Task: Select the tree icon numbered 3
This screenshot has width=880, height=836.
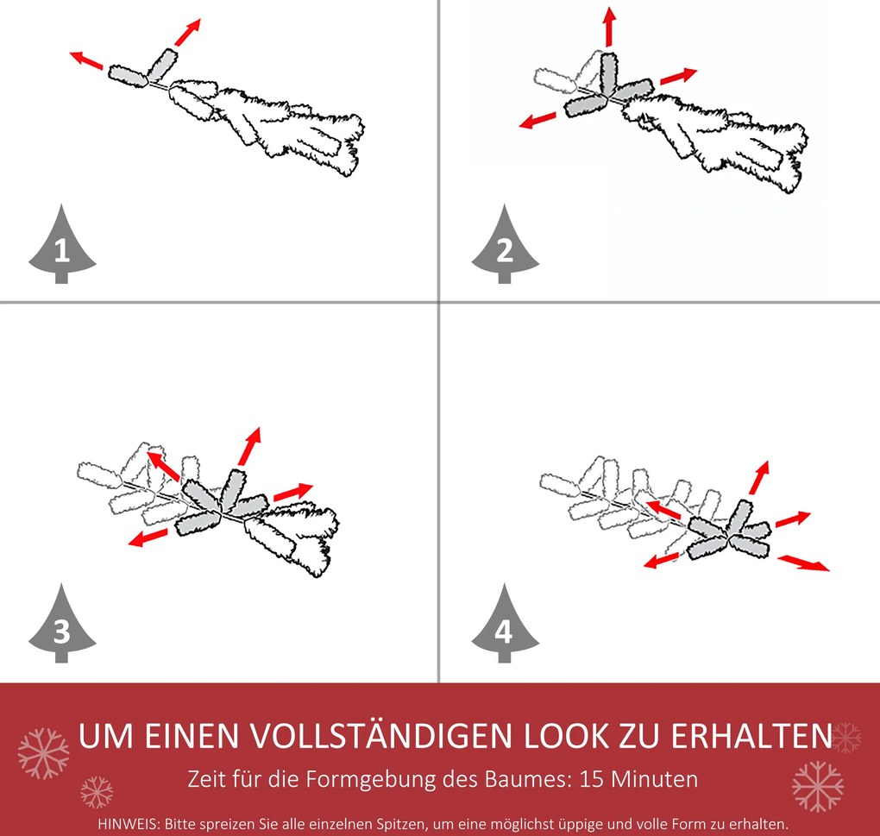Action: (x=62, y=625)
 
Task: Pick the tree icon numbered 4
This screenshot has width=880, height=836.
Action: (x=505, y=625)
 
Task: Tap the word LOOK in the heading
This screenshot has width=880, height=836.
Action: (x=567, y=736)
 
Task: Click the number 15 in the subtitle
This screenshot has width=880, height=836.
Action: (x=593, y=780)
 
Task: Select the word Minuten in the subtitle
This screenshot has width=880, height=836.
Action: (x=654, y=780)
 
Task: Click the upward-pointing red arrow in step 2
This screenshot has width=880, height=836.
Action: (x=609, y=26)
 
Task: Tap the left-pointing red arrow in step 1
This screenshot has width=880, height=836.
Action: (x=86, y=60)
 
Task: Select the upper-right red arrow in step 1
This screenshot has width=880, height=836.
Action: (x=187, y=33)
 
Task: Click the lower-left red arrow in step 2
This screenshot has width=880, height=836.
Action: (x=537, y=121)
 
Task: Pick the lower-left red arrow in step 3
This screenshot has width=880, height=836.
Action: (x=148, y=537)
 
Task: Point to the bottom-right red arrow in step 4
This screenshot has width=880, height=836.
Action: (x=803, y=563)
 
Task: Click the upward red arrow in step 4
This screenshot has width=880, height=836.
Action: (x=759, y=477)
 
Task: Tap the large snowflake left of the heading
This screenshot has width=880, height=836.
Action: (x=44, y=753)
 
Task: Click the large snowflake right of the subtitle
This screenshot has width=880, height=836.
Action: (x=818, y=786)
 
